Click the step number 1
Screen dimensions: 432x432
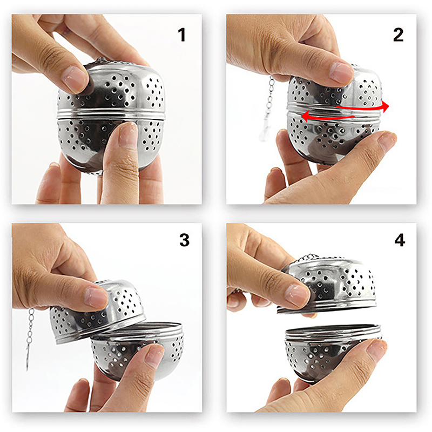point(181,35)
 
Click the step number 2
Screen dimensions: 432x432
point(398,35)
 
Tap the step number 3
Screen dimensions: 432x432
point(184,240)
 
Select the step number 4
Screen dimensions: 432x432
point(400,240)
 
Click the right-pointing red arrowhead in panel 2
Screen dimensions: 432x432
point(385,106)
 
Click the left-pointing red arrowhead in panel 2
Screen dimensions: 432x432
point(306,116)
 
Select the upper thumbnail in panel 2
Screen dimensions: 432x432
point(342,72)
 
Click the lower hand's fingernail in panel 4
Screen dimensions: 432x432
point(377,348)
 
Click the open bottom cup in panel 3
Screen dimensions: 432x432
point(138,350)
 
